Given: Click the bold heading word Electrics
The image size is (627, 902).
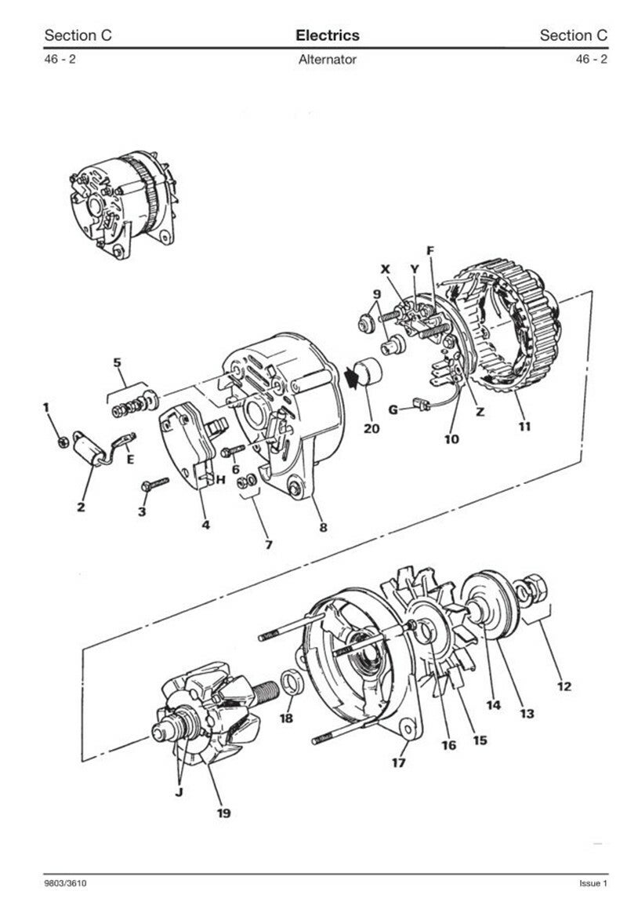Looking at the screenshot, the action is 328,35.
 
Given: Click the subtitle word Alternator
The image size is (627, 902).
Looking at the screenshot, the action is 328,60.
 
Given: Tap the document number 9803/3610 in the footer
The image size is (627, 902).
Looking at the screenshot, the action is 66,883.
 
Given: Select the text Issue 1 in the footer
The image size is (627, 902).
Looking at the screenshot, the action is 593,883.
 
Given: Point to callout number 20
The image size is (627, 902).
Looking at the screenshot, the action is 371,428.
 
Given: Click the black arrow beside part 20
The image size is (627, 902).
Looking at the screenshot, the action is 351,377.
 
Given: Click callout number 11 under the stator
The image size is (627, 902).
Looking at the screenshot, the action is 524,426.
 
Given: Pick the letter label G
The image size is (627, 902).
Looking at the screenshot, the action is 393,409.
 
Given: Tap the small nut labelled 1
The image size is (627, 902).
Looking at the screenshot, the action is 63,442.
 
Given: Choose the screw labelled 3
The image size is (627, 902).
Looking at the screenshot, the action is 154,484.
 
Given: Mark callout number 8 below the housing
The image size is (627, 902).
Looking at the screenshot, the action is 324,527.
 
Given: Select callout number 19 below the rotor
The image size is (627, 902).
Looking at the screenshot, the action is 223,813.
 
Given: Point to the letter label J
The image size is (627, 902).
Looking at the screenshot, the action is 179,793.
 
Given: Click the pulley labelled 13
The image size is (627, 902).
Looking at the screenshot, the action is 489,605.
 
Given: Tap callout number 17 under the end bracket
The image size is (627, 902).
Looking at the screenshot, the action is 399,763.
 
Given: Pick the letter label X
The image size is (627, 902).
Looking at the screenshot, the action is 385,269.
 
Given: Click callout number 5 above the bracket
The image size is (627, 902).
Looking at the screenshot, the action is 118,362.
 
